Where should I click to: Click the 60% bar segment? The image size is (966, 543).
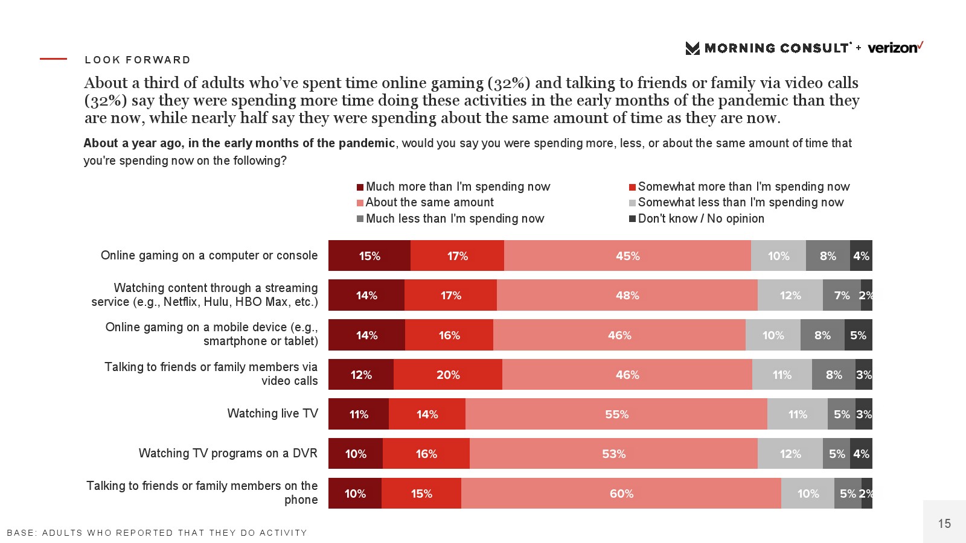(621, 494)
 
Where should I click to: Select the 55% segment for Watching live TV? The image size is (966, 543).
(616, 414)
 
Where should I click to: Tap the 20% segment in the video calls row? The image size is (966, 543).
(448, 375)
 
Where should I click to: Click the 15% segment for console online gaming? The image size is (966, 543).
(369, 256)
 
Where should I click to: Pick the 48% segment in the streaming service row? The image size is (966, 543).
(627, 296)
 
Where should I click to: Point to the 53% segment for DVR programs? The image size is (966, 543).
(613, 454)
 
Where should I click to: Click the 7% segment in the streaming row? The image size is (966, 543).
(842, 296)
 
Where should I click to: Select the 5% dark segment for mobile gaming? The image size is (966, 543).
(858, 335)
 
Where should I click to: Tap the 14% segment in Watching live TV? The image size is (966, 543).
(427, 414)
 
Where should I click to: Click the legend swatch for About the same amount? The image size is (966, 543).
(360, 203)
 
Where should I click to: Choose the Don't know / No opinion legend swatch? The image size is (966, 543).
(633, 219)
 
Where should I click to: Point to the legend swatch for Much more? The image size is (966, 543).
(360, 188)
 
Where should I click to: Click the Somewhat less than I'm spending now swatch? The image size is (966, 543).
(633, 203)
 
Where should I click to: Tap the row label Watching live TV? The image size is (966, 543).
(272, 413)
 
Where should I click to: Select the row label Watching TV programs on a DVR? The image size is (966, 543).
(228, 453)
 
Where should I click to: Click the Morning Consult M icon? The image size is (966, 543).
(693, 48)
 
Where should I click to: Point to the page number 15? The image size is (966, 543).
(944, 524)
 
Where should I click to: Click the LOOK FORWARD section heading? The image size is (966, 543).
(138, 60)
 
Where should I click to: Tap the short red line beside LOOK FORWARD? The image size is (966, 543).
(53, 59)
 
